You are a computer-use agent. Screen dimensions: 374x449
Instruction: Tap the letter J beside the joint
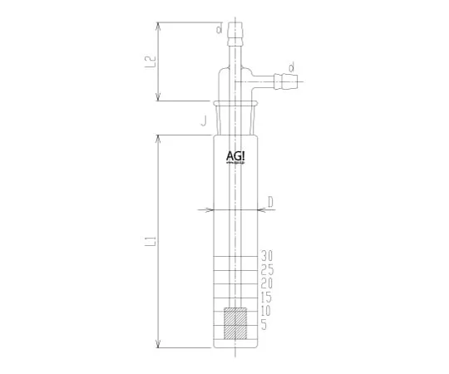[203, 122]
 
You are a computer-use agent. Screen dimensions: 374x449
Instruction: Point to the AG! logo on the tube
[236, 155]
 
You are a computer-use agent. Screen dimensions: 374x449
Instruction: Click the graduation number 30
[267, 255]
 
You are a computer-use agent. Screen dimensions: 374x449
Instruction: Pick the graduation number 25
[267, 269]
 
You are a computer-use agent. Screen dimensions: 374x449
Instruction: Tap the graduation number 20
[267, 283]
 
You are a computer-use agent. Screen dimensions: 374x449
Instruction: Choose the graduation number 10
[267, 311]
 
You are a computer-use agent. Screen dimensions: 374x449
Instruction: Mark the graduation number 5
[264, 325]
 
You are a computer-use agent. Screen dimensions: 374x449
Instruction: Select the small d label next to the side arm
[292, 66]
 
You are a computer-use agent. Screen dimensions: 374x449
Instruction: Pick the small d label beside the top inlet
[219, 30]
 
